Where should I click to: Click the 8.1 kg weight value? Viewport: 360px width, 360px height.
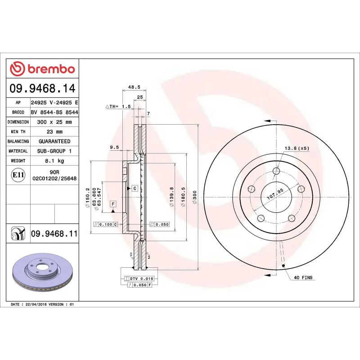point(54,161)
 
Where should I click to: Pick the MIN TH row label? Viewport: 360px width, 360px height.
point(18,132)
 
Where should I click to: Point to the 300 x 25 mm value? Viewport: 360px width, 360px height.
point(54,122)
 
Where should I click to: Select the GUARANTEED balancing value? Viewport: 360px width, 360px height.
point(54,141)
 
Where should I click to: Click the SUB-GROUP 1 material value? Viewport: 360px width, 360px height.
point(54,151)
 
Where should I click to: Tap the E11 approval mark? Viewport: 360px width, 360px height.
point(18,175)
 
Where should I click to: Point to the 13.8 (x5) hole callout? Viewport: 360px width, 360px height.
point(297,148)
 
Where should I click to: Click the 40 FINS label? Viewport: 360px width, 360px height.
point(303,278)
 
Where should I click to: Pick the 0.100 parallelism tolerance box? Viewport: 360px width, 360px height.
point(105,224)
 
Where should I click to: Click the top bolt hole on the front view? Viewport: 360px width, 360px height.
point(276,171)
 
